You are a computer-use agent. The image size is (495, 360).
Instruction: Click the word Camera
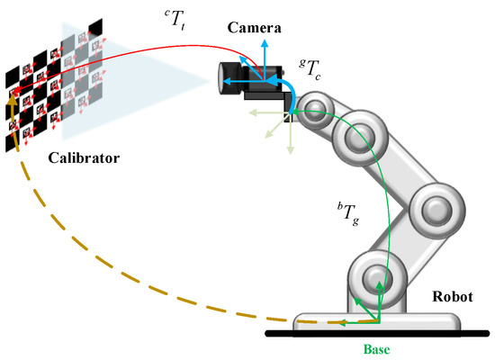(x=255, y=28)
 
